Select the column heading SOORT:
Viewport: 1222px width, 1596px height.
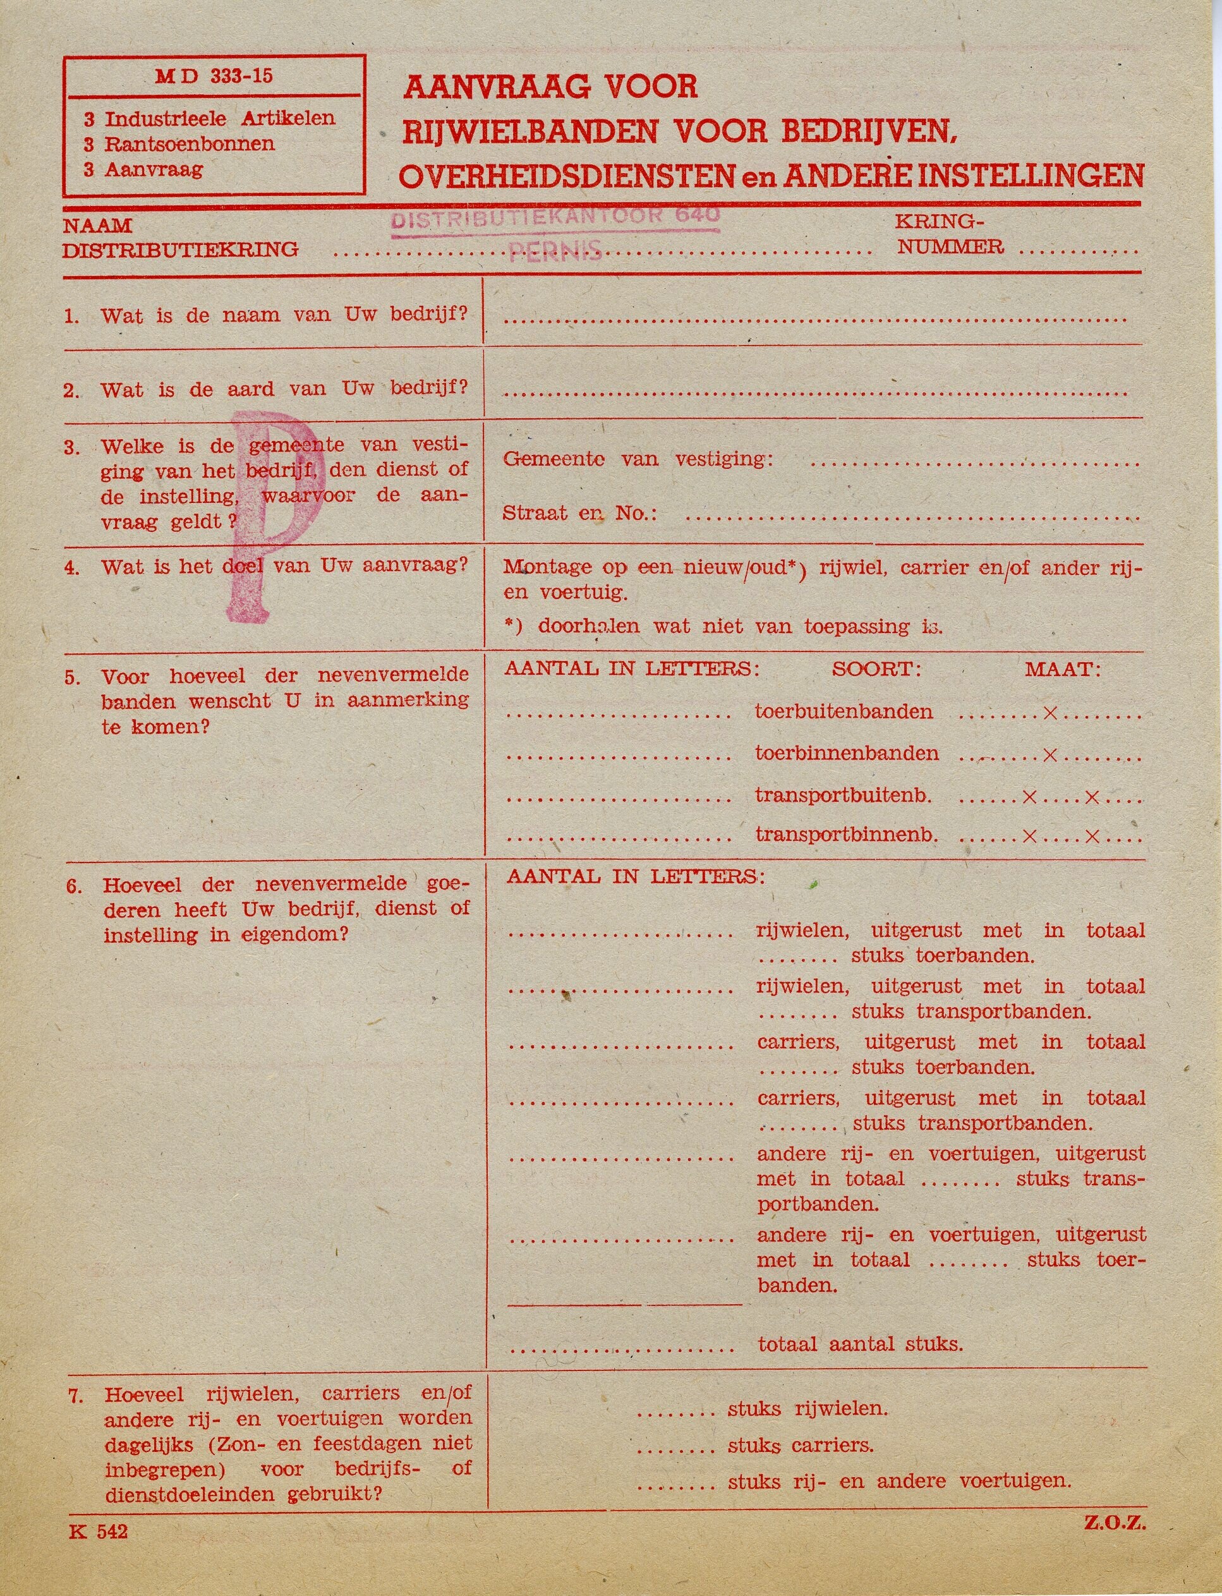click(876, 669)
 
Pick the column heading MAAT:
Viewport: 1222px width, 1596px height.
click(1063, 669)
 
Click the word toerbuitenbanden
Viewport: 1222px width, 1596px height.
click(844, 711)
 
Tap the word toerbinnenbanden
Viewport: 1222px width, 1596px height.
click(847, 753)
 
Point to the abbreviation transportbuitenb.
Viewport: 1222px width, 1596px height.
click(844, 795)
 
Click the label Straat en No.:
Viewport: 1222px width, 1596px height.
click(579, 514)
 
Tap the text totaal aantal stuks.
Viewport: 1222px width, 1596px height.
click(860, 1343)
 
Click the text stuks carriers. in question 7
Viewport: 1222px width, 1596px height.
click(800, 1444)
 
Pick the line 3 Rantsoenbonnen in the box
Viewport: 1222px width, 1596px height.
click(179, 143)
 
